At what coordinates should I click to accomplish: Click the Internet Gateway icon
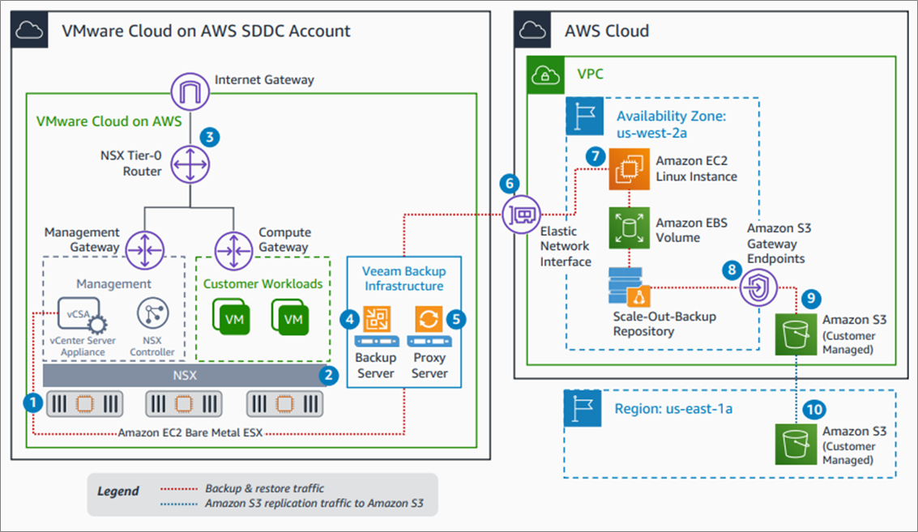click(190, 92)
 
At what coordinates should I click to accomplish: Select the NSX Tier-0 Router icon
click(190, 164)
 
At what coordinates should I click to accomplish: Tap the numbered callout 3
click(210, 138)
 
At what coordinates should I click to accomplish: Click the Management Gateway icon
click(144, 250)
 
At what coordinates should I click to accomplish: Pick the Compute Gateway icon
click(233, 250)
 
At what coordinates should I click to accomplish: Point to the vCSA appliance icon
click(82, 316)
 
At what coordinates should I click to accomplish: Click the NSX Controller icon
click(153, 313)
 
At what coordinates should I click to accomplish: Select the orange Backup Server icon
click(377, 320)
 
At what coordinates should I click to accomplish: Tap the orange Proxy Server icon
click(429, 320)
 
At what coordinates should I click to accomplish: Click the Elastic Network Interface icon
click(521, 215)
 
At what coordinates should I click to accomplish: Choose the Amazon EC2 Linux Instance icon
click(630, 169)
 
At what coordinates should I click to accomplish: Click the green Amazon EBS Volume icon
click(630, 228)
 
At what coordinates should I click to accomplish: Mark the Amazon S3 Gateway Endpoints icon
click(758, 287)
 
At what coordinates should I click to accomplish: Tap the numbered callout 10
click(813, 410)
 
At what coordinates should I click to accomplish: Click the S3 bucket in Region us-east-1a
click(796, 445)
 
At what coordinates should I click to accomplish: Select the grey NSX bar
click(185, 376)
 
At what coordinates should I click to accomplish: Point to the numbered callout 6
click(510, 184)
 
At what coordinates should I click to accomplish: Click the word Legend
click(118, 491)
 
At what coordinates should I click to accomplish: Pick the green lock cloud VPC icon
click(545, 75)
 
